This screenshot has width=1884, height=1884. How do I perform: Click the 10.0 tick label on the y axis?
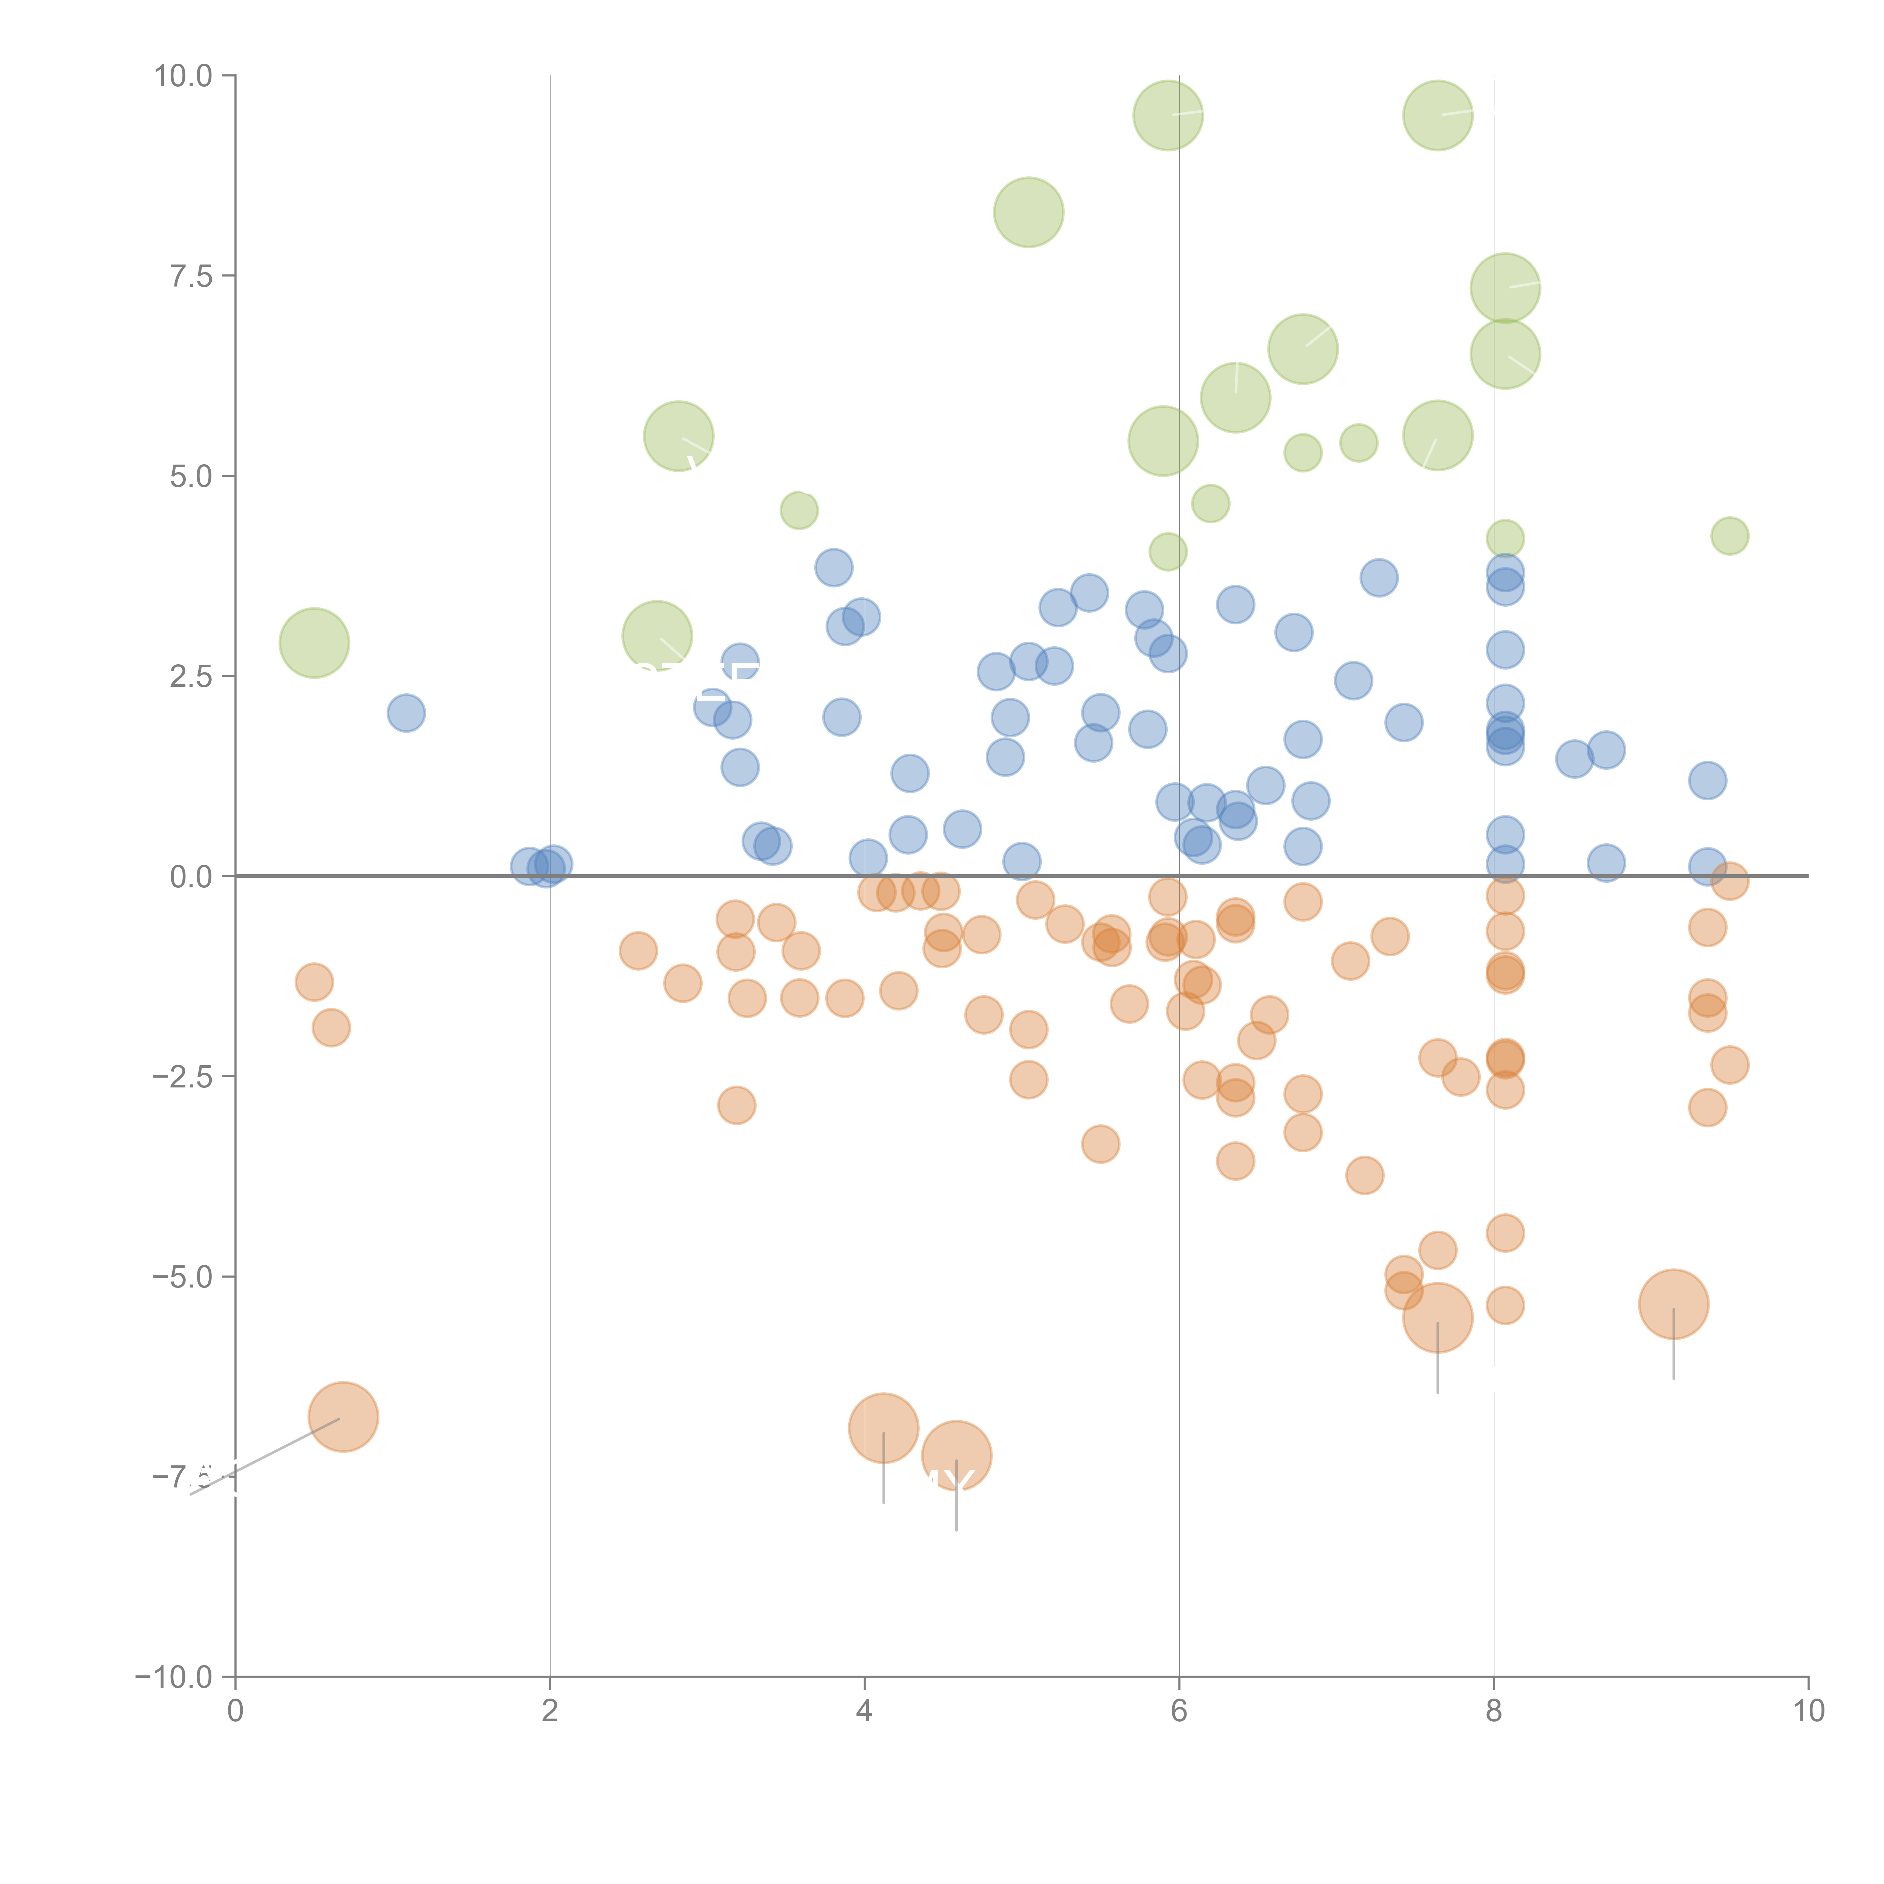click(184, 76)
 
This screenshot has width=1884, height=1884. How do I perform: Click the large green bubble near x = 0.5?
click(314, 642)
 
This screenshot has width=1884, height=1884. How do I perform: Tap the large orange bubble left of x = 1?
click(343, 1417)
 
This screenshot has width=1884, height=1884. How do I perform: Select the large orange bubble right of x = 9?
click(1673, 1305)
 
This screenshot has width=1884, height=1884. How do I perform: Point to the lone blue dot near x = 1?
click(406, 713)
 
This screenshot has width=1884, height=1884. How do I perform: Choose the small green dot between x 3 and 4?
click(799, 510)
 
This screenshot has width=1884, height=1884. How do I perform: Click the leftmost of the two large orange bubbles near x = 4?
click(884, 1428)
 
